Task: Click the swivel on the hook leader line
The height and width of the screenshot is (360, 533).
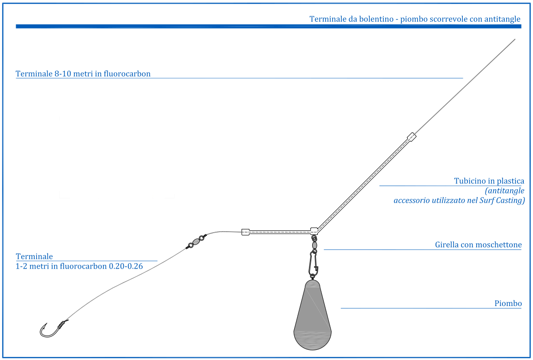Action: coord(196,241)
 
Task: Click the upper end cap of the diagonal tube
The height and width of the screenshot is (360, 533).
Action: coord(412,137)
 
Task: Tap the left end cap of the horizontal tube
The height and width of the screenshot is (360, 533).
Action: coord(245,232)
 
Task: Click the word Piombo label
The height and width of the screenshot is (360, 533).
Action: coord(508,303)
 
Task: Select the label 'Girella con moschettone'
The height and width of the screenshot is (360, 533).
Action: coord(478,245)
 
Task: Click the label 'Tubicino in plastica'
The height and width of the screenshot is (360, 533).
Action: coord(489,180)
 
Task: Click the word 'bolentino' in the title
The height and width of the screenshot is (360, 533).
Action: coord(374,19)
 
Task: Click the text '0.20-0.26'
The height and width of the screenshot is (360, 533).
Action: coord(126,266)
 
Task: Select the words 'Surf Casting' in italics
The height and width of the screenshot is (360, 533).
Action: coord(502,200)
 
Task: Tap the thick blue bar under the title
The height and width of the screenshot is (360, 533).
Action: coord(268,26)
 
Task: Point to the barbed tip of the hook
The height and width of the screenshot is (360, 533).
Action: coord(46,324)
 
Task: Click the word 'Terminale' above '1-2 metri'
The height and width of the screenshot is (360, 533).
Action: coord(34,257)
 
